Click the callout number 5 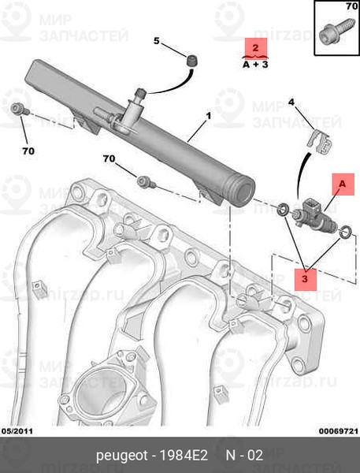(156, 41)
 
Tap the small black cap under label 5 (191, 61)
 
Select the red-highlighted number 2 (255, 47)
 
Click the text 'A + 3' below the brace (255, 65)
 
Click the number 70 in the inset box (351, 6)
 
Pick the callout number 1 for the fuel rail (208, 116)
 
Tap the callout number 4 (291, 102)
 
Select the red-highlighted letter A (342, 184)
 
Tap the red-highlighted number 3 (305, 278)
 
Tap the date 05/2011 (17, 431)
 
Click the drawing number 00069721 (339, 431)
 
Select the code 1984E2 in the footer (184, 455)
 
